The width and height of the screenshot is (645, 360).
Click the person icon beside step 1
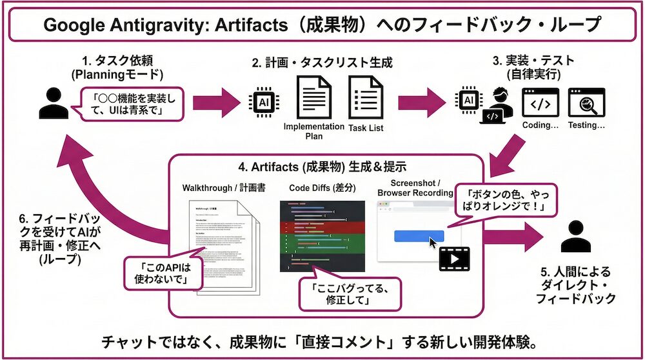click(x=53, y=103)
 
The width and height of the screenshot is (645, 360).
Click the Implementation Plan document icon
click(x=313, y=97)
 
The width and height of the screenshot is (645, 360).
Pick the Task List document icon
click(x=366, y=97)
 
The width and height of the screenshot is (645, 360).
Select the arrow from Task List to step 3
click(x=419, y=102)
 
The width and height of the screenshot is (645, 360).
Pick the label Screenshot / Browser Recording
click(x=415, y=188)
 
